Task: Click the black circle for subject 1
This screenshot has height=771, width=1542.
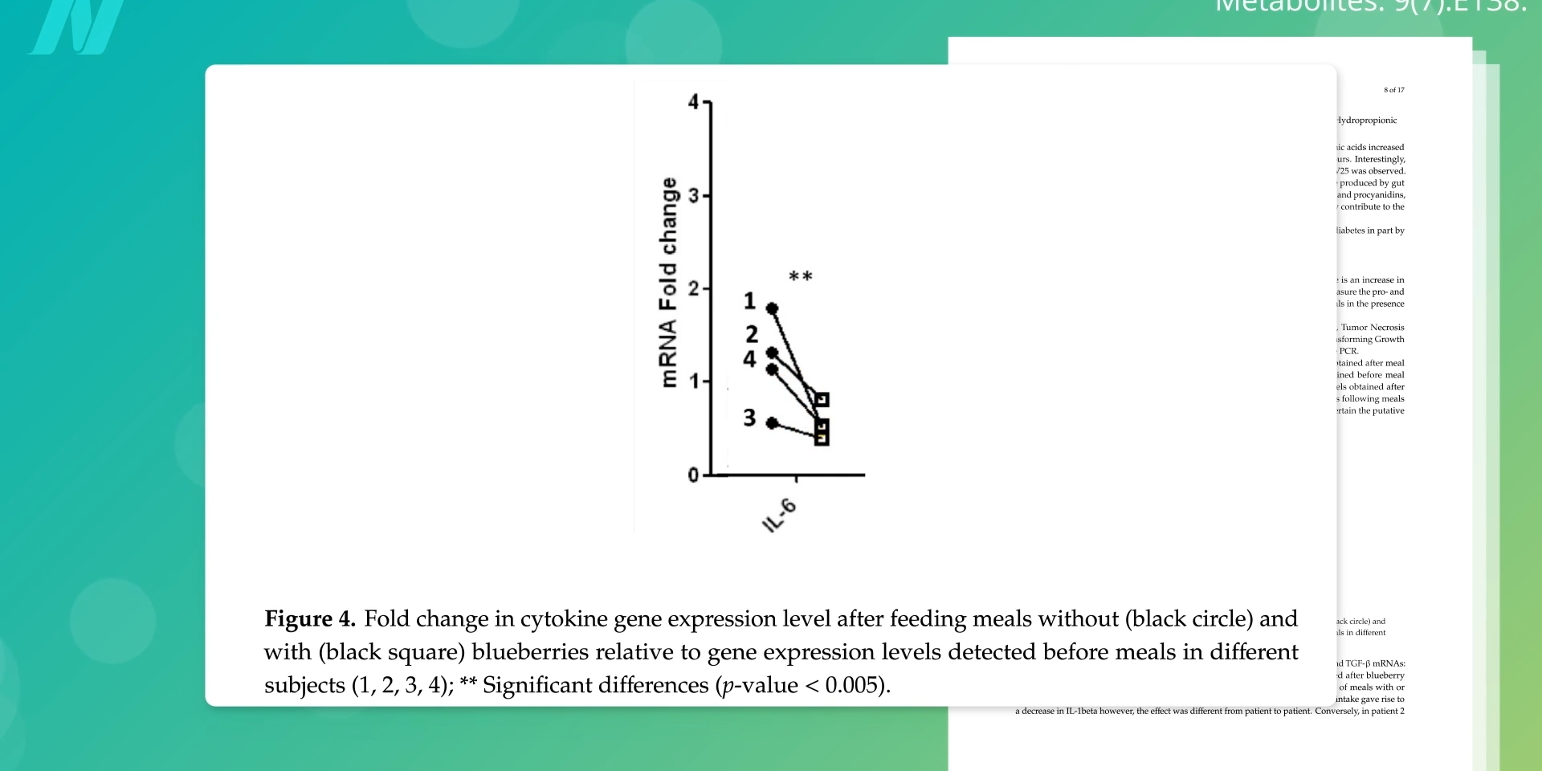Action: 772,308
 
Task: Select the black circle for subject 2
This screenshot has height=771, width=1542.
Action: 772,353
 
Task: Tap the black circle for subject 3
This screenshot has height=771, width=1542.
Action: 772,423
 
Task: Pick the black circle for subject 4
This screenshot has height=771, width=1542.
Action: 772,369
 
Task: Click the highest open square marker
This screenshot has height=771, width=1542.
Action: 822,399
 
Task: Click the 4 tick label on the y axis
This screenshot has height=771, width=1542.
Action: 694,102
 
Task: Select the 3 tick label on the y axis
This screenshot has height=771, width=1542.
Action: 694,195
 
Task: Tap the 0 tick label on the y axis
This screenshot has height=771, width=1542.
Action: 694,475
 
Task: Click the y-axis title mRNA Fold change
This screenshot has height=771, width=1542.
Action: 667,283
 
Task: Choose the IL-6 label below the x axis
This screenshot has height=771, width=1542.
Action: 779,516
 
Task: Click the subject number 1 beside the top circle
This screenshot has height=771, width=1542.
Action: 749,301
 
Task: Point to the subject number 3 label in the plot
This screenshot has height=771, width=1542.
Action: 749,418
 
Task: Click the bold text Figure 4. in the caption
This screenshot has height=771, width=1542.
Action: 310,619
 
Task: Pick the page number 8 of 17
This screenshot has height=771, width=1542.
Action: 1394,90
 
